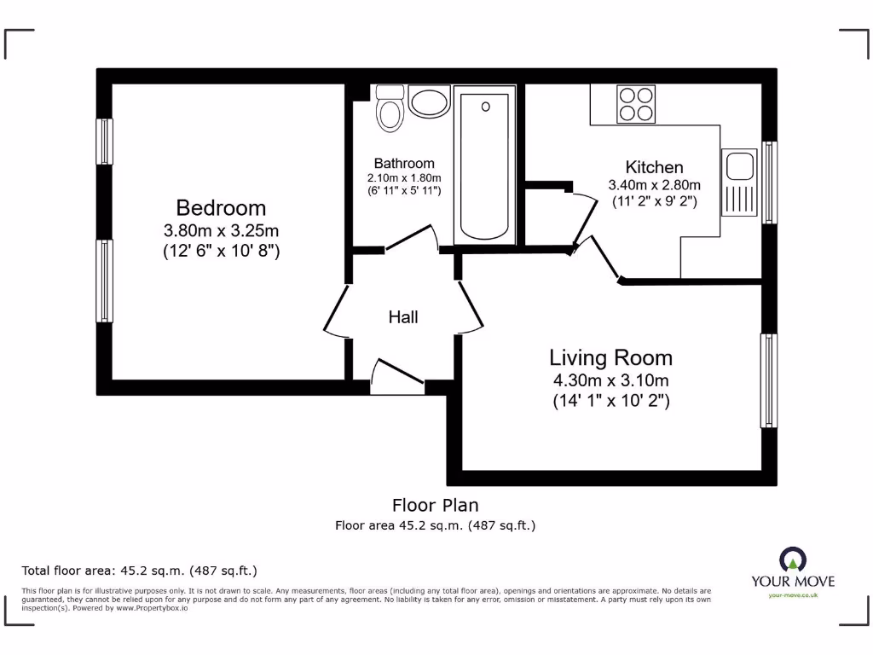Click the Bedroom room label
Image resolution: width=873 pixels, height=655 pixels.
(221, 207)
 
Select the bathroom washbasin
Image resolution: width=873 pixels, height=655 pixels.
(429, 101)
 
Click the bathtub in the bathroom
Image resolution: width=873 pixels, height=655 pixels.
(485, 165)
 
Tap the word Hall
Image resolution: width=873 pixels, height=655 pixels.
(403, 317)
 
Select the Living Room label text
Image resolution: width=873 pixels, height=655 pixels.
(610, 357)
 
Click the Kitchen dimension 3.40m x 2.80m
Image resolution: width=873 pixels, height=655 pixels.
(654, 185)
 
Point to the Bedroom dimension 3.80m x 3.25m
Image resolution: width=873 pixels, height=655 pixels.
(221, 230)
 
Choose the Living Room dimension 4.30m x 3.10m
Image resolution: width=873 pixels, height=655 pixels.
(610, 380)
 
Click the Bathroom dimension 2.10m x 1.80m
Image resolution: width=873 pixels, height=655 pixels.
(403, 177)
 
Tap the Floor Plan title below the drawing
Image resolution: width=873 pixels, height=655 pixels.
(436, 505)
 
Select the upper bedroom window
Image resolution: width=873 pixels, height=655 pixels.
(104, 141)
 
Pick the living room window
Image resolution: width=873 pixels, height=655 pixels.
(768, 380)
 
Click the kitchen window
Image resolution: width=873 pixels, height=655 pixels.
(769, 183)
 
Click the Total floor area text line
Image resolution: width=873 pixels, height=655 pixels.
(139, 571)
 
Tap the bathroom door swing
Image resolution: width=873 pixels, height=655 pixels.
(412, 239)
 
